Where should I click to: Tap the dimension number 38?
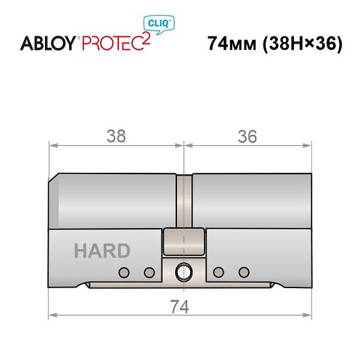pos(116,136)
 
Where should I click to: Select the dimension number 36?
pos(247,136)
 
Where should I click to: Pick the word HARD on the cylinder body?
pos(102,251)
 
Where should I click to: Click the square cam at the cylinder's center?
pos(184,240)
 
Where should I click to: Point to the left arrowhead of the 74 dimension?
pos(53,315)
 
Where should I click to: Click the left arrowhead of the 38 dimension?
pos(53,144)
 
